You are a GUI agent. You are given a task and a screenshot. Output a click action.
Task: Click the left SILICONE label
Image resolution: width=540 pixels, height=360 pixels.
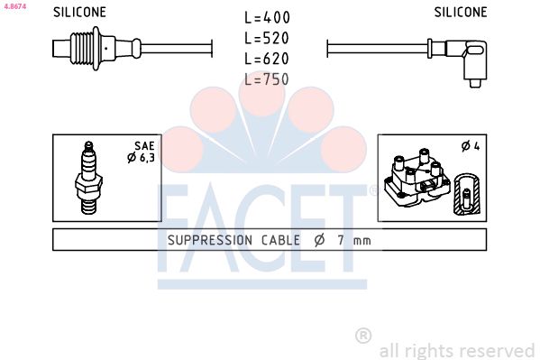(x=79, y=13)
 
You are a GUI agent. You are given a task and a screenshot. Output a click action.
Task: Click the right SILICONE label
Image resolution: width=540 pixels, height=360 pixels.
(x=460, y=13)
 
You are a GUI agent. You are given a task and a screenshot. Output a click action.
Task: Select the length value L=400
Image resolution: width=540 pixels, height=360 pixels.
(x=268, y=18)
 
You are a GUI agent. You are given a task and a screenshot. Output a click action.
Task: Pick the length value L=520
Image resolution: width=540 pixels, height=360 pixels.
(x=268, y=39)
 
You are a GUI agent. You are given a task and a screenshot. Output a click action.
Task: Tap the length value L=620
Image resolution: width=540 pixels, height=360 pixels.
(x=268, y=59)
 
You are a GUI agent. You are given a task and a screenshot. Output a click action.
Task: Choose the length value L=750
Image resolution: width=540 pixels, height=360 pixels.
(x=268, y=79)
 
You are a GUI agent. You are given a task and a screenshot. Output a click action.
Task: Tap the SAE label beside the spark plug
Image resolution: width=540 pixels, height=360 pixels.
(x=143, y=144)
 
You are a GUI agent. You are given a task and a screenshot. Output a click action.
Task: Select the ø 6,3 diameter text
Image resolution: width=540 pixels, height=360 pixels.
(x=142, y=158)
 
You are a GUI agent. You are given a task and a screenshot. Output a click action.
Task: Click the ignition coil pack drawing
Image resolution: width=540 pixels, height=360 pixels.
(x=416, y=179)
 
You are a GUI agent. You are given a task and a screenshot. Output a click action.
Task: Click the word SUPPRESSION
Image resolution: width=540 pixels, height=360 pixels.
(x=210, y=241)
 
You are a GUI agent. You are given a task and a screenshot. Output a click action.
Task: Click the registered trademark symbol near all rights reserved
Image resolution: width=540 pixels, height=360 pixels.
(x=363, y=336)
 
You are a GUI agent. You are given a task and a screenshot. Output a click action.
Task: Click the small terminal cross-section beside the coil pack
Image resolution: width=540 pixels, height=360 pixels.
(x=466, y=194)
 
